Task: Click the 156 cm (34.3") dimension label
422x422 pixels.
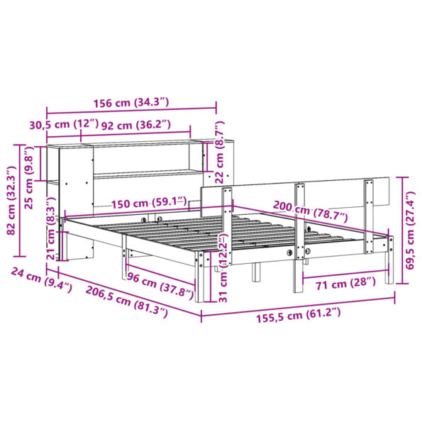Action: point(132,102)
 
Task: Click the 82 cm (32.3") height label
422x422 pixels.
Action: point(10,201)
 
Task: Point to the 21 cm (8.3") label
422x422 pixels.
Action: point(50,231)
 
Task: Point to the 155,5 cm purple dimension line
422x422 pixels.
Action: point(298,301)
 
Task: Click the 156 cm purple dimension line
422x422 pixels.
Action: point(132,110)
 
